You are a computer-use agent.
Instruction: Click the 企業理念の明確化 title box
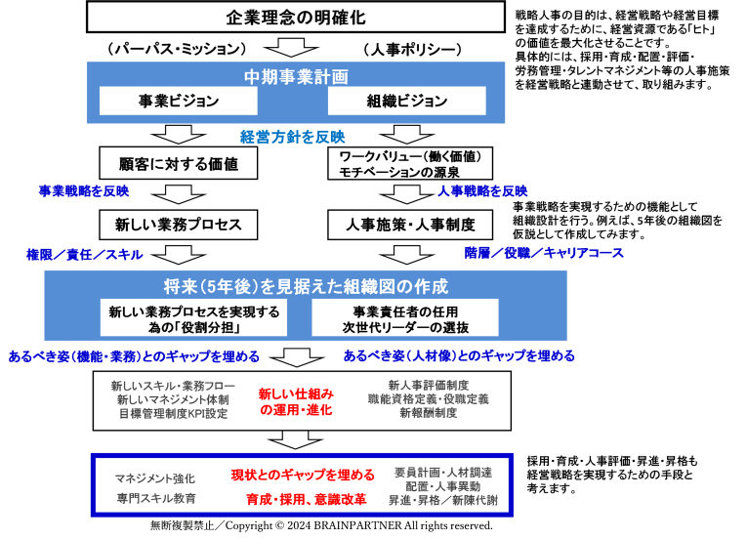click(x=295, y=18)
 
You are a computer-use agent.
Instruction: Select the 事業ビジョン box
click(x=178, y=101)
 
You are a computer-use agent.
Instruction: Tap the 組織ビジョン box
click(x=407, y=101)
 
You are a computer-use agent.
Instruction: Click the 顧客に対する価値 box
click(x=178, y=163)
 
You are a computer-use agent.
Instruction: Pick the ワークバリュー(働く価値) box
click(x=410, y=163)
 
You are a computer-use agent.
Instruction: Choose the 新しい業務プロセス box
click(x=178, y=225)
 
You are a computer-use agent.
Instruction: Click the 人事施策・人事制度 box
click(x=410, y=225)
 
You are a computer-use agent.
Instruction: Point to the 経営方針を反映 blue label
click(x=293, y=138)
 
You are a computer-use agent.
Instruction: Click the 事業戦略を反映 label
click(x=84, y=191)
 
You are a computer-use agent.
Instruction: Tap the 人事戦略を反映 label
click(x=482, y=191)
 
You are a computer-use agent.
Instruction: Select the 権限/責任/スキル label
click(x=85, y=255)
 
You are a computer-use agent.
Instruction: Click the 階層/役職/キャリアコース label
click(x=544, y=253)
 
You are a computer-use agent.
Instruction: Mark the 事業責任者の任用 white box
click(x=405, y=318)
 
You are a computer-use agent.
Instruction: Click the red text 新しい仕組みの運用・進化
click(x=296, y=401)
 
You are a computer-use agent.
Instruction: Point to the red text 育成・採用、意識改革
click(x=307, y=499)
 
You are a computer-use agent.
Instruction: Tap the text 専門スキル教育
click(x=156, y=499)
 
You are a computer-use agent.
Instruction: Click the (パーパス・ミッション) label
click(x=177, y=49)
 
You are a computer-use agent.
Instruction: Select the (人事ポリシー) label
click(x=413, y=50)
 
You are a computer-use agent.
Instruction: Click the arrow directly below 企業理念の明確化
click(x=291, y=48)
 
